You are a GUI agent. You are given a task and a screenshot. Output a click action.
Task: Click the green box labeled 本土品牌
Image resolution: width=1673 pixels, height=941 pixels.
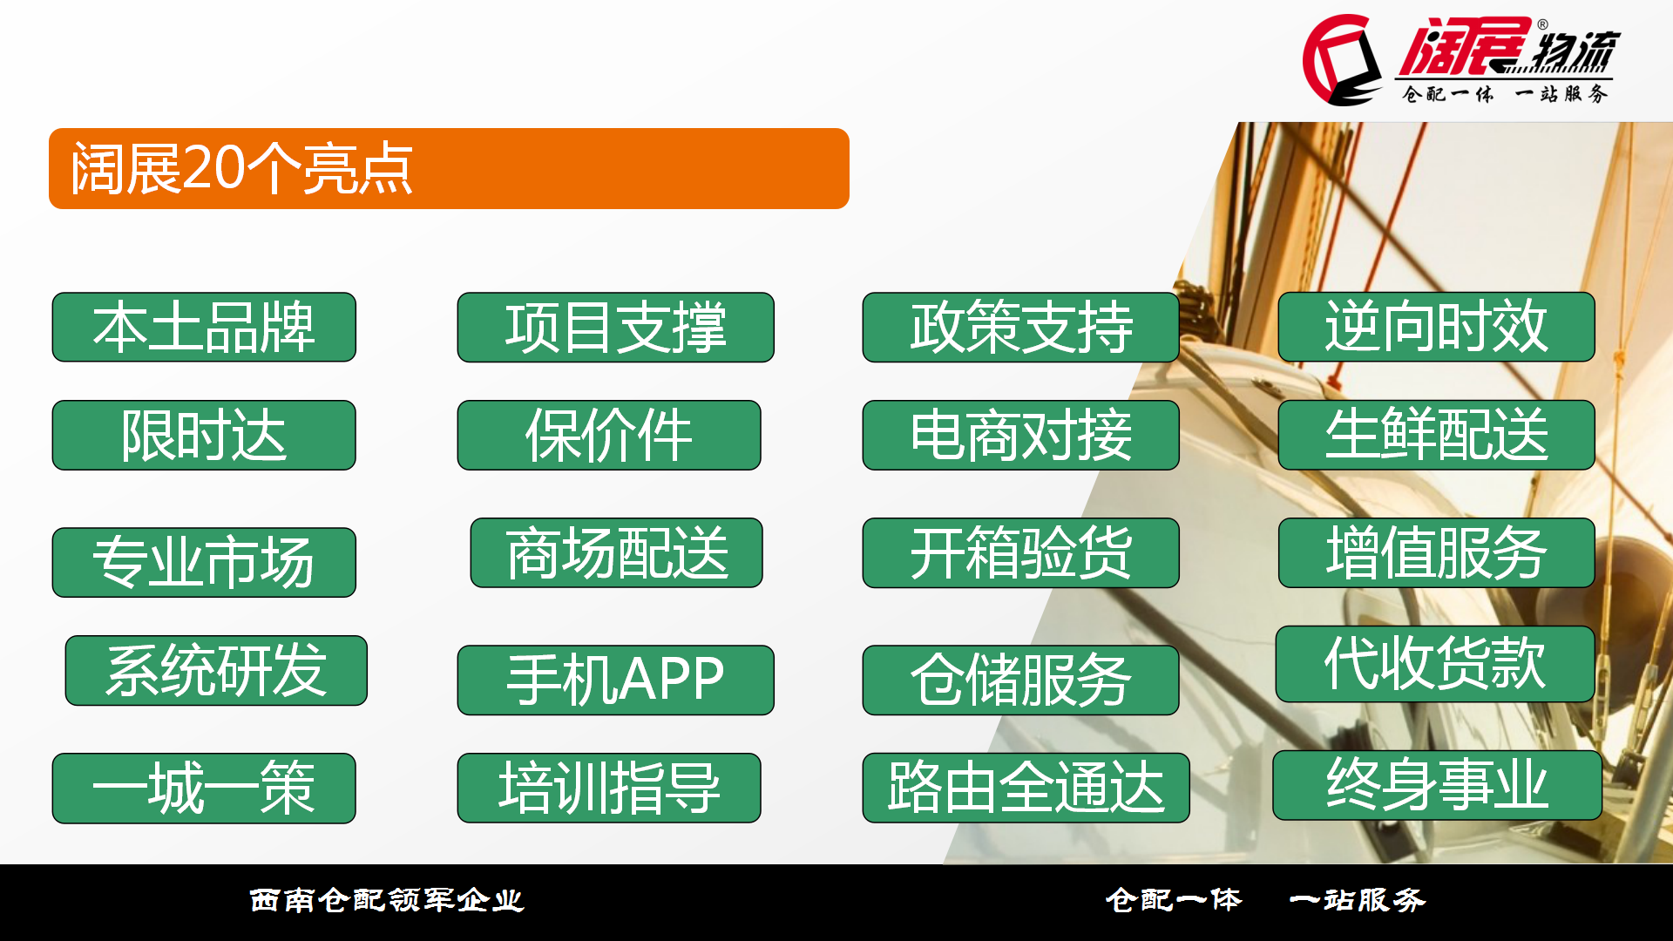pyautogui.click(x=204, y=327)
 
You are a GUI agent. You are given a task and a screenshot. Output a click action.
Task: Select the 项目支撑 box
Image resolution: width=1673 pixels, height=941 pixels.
pyautogui.click(x=615, y=327)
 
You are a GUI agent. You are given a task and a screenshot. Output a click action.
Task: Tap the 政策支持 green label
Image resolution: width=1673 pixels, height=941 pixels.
pyautogui.click(x=1020, y=327)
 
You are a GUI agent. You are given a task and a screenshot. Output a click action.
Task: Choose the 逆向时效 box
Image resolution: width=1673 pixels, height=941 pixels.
pyautogui.click(x=1436, y=327)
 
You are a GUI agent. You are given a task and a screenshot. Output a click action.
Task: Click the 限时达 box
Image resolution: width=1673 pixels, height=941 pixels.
pyautogui.click(x=204, y=435)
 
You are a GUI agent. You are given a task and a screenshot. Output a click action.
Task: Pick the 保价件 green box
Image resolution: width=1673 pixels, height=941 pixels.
pyautogui.click(x=609, y=435)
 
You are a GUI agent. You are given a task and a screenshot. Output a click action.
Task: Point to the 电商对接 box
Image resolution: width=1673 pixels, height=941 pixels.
pyautogui.click(x=1020, y=435)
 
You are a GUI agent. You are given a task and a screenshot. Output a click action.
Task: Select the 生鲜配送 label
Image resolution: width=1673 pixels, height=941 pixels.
pyautogui.click(x=1436, y=435)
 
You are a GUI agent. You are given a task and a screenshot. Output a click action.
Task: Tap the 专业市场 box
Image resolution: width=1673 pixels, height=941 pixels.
pyautogui.click(x=204, y=562)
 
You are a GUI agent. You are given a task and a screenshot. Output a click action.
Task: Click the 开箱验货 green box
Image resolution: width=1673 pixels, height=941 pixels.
pyautogui.click(x=1020, y=552)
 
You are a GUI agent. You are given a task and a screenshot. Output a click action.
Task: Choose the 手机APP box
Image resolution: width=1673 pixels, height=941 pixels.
pyautogui.click(x=615, y=680)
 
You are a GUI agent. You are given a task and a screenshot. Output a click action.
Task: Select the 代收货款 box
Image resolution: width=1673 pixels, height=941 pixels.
pyautogui.click(x=1435, y=664)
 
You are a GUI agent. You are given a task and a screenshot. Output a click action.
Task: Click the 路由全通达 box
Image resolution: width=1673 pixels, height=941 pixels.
pyautogui.click(x=1026, y=788)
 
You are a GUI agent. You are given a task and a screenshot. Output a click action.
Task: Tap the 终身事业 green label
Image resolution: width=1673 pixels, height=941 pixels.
pyautogui.click(x=1437, y=785)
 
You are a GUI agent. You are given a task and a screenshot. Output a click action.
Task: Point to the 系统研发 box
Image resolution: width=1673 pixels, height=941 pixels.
pyautogui.click(x=216, y=670)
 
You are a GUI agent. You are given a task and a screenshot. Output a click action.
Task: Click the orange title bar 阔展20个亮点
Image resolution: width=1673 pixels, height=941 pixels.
pyautogui.click(x=449, y=168)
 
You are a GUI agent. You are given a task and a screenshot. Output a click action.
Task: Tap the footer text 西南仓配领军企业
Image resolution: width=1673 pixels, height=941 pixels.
pyautogui.click(x=387, y=900)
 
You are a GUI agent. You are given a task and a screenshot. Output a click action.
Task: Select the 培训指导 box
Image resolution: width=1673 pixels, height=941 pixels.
pyautogui.click(x=609, y=788)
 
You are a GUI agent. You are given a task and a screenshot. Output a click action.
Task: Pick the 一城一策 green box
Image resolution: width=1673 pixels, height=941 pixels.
pyautogui.click(x=204, y=788)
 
